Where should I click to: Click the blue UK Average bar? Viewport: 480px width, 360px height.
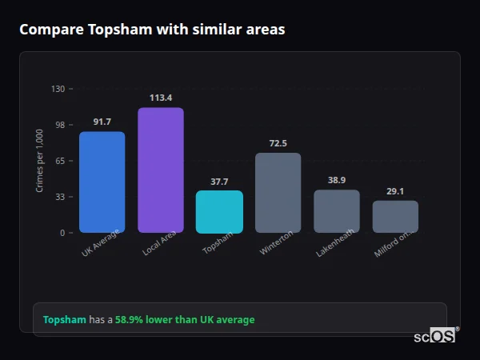point(102,182)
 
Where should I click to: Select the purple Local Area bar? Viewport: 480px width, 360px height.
point(160,170)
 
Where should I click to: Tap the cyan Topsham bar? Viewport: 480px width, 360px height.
point(219,212)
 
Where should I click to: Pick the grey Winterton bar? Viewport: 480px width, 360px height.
point(278,193)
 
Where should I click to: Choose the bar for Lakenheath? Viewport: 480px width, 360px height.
point(336,211)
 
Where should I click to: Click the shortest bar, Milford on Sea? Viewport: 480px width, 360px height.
point(395,217)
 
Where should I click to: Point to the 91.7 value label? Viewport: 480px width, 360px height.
point(102,122)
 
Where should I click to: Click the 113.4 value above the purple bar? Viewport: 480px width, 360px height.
point(160,98)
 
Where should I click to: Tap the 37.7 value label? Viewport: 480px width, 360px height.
point(219,182)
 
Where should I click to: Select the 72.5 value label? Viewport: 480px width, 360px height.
point(278,143)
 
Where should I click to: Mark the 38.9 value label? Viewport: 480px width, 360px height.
point(336,180)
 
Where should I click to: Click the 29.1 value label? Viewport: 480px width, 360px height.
point(395,191)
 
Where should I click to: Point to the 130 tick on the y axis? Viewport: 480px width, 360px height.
point(58,89)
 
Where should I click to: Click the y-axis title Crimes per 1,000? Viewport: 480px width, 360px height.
point(40,161)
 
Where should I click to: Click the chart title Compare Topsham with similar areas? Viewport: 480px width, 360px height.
point(152,30)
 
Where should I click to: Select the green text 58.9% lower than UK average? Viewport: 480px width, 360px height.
point(185,320)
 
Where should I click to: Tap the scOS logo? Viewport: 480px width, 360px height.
point(435,337)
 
